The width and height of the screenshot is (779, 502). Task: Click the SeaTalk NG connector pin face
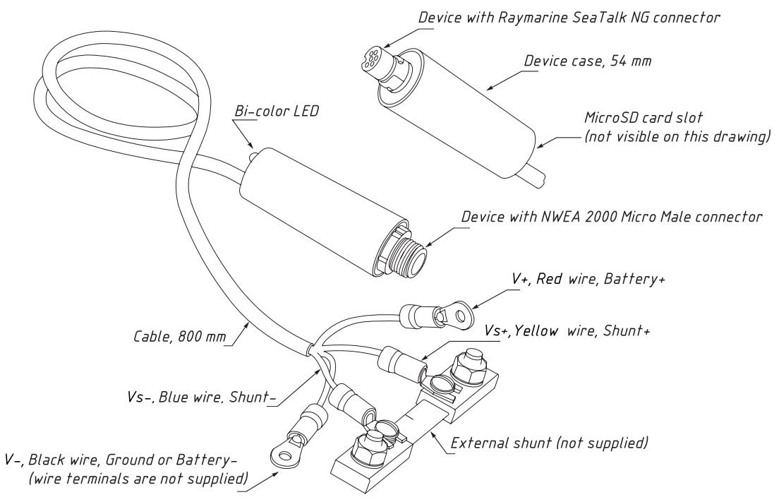point(370,56)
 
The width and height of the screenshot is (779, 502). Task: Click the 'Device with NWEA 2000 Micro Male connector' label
point(611,217)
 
